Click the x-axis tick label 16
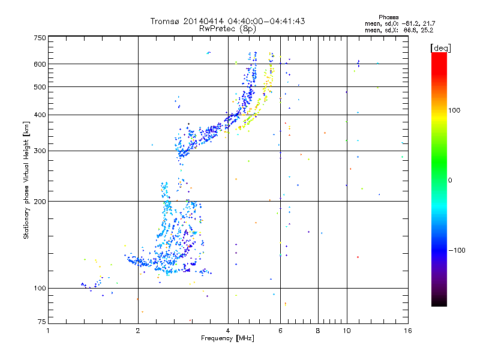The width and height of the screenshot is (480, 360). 407,330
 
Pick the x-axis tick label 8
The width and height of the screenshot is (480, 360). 318,330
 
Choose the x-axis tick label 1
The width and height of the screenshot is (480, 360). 49,330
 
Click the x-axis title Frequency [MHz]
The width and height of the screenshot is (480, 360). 227,339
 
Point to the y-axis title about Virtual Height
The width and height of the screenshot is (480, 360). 26,180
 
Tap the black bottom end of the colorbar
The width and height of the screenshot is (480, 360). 439,302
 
